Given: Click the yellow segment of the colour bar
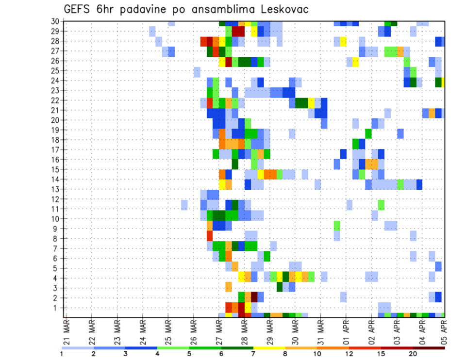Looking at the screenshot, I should [269, 347].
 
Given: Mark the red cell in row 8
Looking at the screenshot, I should [210, 236].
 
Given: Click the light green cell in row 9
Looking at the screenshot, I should [337, 226].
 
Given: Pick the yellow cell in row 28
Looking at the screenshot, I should [343, 41].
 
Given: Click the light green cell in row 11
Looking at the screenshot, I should [381, 204].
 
